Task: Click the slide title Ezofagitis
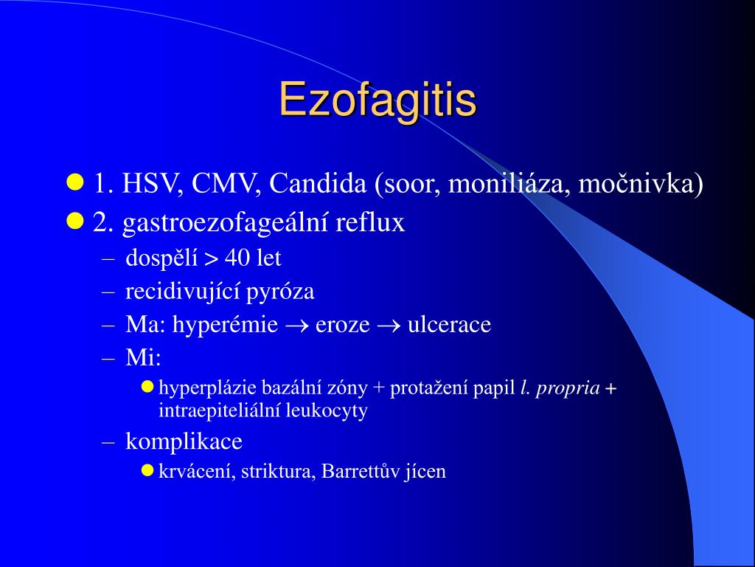(x=377, y=100)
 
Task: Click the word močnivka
(x=641, y=184)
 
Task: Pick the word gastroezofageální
(x=226, y=223)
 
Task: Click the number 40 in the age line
(x=238, y=258)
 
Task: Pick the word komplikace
(x=184, y=442)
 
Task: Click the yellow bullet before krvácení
(x=147, y=470)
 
